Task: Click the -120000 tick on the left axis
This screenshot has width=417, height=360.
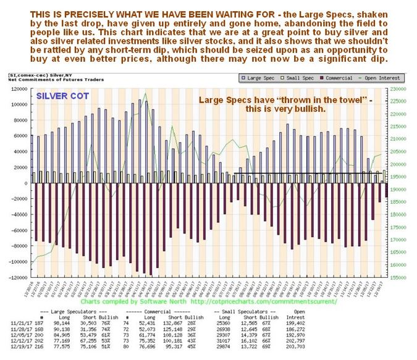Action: point(18,277)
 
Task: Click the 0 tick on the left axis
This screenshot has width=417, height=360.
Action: point(27,183)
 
